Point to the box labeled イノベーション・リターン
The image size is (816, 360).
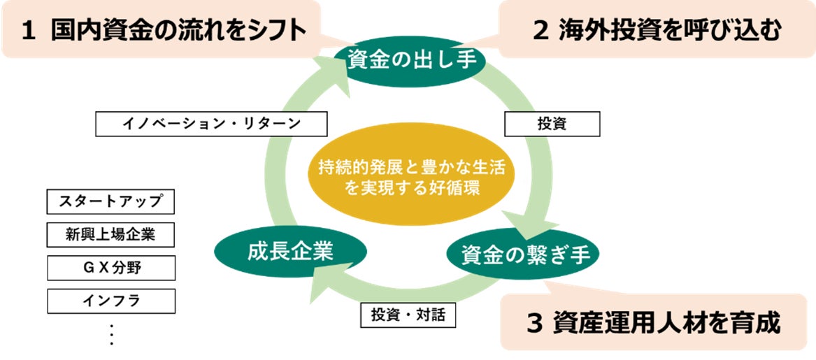211,124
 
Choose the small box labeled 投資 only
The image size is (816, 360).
552,124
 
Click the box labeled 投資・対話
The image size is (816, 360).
408,315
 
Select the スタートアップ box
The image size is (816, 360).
110,203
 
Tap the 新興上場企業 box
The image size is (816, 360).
110,236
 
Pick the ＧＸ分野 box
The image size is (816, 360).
110,268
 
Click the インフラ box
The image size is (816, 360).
110,301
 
